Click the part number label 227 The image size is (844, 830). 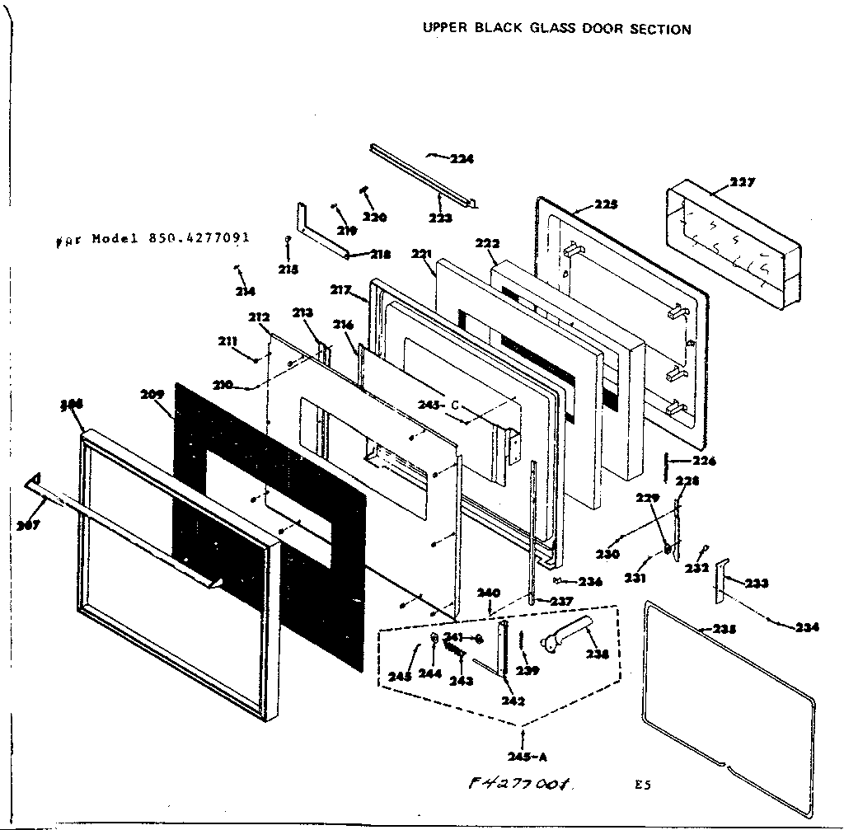tap(743, 182)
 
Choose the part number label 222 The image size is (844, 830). tap(487, 244)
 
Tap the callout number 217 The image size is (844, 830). tap(340, 290)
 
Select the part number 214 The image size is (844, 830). tap(245, 290)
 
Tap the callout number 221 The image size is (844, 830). tap(422, 255)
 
